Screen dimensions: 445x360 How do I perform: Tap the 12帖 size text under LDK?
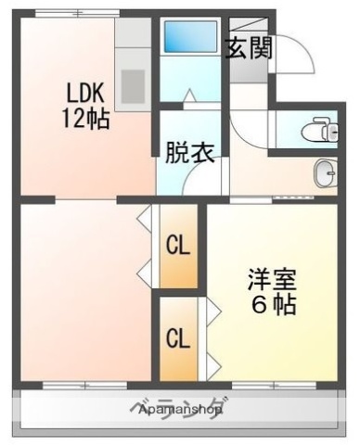(x=86, y=118)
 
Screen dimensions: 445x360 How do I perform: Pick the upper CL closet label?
(x=178, y=246)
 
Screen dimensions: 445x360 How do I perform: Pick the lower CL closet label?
(x=178, y=337)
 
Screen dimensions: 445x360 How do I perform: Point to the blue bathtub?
(x=189, y=36)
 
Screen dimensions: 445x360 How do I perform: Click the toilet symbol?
(x=324, y=128)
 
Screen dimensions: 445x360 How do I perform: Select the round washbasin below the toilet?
(x=325, y=172)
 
